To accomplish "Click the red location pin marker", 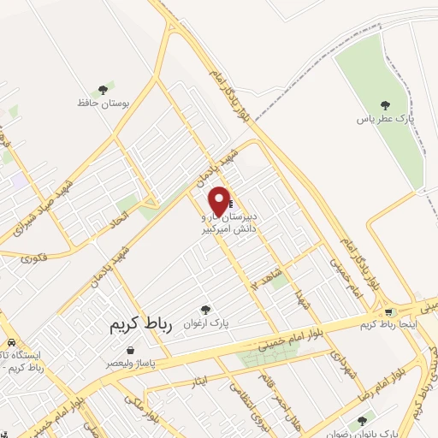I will tap(220, 200).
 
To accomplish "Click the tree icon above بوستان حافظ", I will tap(103, 88).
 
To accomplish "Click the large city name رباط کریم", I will tap(141, 325).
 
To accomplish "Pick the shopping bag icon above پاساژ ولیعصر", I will tap(130, 350).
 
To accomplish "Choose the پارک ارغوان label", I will tap(204, 323).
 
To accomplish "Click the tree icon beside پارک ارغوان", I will tap(204, 310).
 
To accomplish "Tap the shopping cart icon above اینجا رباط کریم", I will tap(390, 312).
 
